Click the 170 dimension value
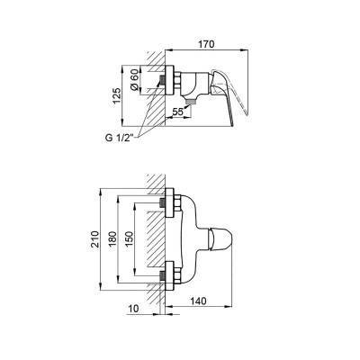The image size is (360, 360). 207,44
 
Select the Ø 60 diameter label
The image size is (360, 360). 135,79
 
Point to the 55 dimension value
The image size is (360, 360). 177,112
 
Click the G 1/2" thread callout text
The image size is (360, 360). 119,139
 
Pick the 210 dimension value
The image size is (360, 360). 94,239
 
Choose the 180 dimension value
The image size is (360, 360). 112,239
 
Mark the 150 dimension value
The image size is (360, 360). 129,239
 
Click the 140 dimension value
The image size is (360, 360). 198,301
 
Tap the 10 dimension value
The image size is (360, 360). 134,309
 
